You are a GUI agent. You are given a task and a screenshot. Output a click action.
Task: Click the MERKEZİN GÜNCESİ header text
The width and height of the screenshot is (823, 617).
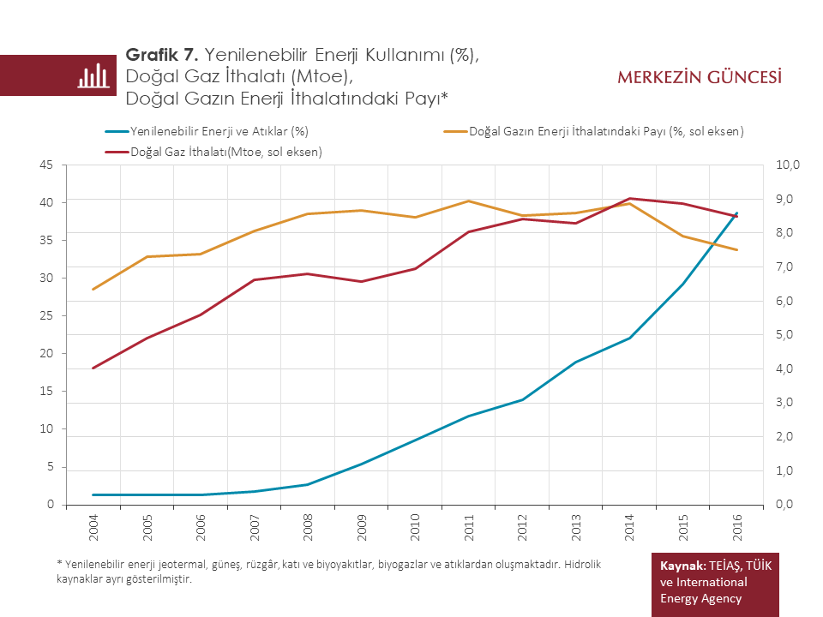(700, 78)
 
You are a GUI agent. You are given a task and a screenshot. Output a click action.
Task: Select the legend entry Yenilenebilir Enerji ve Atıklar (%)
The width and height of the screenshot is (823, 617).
(219, 131)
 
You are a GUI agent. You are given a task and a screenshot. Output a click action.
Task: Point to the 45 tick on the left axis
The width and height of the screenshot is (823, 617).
(46, 165)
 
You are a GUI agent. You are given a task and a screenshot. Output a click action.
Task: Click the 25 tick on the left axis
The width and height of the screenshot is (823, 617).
(46, 316)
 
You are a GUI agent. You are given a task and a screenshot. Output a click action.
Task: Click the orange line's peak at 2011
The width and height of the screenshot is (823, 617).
(468, 201)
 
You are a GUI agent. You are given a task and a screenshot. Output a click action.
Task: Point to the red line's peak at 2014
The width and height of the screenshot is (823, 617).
(629, 198)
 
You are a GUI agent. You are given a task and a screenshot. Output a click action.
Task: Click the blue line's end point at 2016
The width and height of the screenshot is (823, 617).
(736, 213)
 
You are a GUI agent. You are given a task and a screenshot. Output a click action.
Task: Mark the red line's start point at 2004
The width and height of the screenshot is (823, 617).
(93, 368)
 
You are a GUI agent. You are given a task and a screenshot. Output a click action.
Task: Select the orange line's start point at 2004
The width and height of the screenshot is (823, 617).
(93, 290)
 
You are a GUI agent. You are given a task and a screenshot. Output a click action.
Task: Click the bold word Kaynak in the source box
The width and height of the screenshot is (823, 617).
(682, 566)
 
